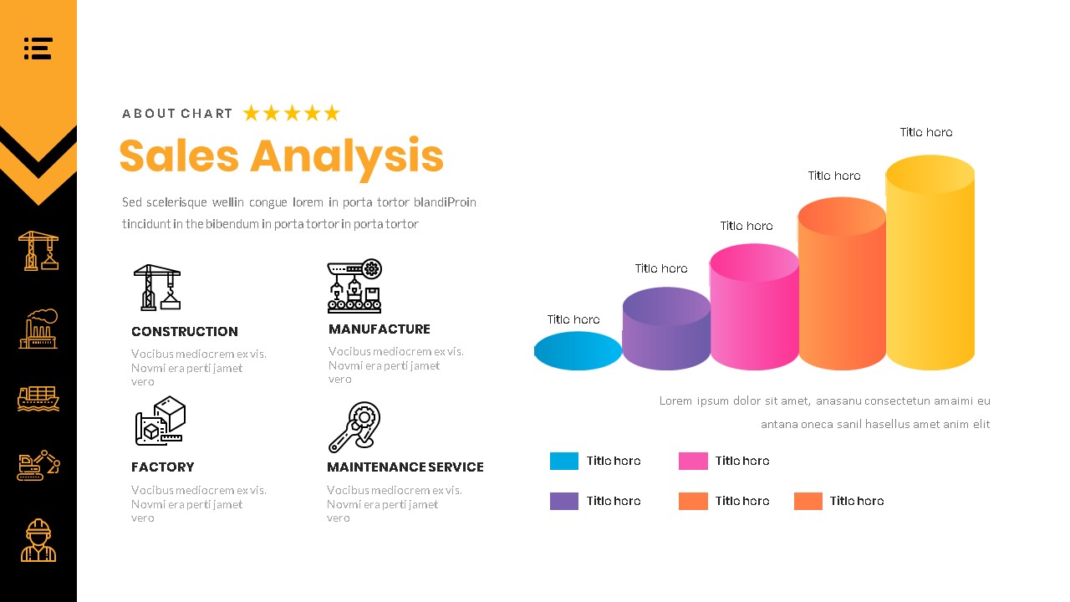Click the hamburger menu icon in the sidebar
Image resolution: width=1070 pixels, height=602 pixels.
coord(38,48)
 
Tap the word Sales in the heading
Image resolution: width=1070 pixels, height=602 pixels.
coord(179,156)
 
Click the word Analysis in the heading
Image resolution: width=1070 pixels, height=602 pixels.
coord(346,157)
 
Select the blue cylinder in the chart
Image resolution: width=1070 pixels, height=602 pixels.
coord(578,351)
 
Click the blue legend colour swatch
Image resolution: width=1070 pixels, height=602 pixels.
coord(564,461)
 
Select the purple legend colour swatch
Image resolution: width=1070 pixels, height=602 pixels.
coord(564,501)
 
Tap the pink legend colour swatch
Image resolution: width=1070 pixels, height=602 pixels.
coord(693,461)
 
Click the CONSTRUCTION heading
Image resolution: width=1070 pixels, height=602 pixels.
coord(185,332)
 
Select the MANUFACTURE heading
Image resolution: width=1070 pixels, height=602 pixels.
coord(380,329)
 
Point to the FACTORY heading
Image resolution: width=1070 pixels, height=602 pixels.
coord(163,467)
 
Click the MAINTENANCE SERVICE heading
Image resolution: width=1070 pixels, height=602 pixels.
coord(405,467)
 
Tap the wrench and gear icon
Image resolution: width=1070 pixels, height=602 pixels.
coord(354,426)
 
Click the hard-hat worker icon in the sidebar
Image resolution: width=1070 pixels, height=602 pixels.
coord(38,540)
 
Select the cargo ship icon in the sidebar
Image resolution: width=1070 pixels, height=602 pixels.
coord(38,398)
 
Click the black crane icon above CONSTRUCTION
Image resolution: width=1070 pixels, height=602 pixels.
coord(157,288)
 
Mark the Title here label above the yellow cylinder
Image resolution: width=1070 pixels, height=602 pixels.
coord(926,132)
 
